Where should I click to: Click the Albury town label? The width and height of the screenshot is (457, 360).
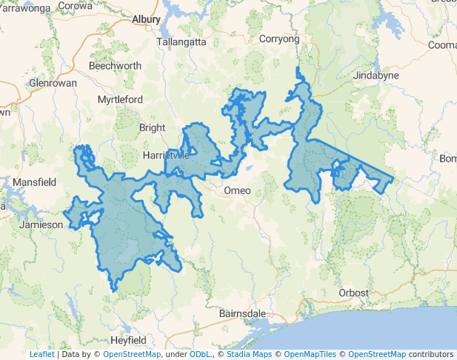coord(147,20)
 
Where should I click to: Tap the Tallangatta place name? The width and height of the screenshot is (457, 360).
coord(181,42)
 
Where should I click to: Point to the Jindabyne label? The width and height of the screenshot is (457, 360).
coord(376,76)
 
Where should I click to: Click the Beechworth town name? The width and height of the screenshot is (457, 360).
coord(115,66)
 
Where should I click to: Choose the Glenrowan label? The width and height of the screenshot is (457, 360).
coord(53,83)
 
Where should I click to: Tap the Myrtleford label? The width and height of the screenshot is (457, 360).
coord(121,99)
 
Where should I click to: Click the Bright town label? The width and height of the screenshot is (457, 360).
coord(153,127)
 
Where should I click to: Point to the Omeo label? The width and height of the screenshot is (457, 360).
coord(238,191)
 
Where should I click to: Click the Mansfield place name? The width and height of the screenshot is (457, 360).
coord(35,181)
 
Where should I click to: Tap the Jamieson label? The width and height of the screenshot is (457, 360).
coord(41,224)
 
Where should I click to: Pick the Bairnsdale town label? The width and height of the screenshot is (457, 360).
coord(242,313)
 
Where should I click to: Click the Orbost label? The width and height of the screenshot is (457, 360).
coord(353,293)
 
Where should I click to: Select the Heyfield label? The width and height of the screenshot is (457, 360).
coord(127,340)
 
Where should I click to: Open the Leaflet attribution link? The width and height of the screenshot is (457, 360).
coord(42,355)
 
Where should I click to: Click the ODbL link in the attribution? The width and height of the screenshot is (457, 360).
coord(200,355)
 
